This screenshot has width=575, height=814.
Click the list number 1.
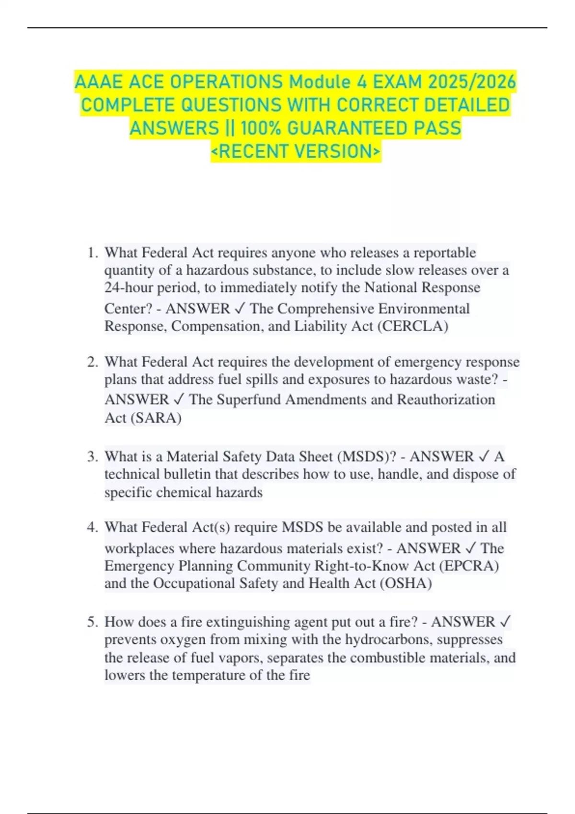coord(92,253)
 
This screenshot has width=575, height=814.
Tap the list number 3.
coord(92,456)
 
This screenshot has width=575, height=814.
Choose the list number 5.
coord(92,622)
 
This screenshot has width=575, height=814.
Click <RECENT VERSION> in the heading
coord(296,151)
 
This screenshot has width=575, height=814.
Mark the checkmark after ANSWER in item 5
coord(505,622)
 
